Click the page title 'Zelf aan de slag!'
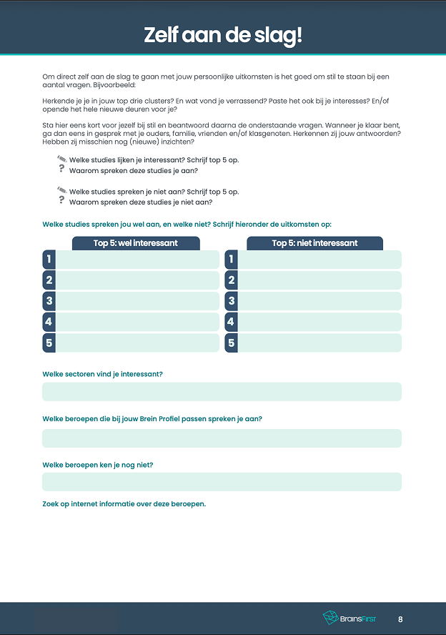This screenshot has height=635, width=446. pyautogui.click(x=223, y=34)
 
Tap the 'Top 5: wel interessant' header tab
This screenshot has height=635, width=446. pyautogui.click(x=135, y=243)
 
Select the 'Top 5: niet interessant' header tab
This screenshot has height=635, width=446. pyautogui.click(x=314, y=243)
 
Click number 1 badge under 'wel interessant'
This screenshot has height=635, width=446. pyautogui.click(x=49, y=260)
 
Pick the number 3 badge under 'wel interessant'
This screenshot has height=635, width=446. pyautogui.click(x=49, y=301)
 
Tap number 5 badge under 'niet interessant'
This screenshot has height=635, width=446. pyautogui.click(x=231, y=343)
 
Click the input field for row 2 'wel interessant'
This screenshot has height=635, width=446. pyautogui.click(x=137, y=280)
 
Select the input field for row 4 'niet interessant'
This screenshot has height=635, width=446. pyautogui.click(x=319, y=323)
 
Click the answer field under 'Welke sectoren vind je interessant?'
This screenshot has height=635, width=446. pyautogui.click(x=222, y=392)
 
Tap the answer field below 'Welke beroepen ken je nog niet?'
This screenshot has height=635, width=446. pyautogui.click(x=222, y=482)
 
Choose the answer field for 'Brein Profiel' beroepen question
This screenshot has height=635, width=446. pyautogui.click(x=222, y=438)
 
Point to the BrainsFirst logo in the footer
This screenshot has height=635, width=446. pyautogui.click(x=350, y=619)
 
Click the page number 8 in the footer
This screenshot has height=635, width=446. pyautogui.click(x=400, y=619)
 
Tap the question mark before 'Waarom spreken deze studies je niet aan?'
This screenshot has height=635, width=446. pyautogui.click(x=61, y=201)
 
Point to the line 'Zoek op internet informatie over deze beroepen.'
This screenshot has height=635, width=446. pyautogui.click(x=124, y=504)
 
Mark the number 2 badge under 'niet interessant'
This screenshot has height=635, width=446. pyautogui.click(x=231, y=280)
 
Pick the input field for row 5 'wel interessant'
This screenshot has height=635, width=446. pyautogui.click(x=137, y=343)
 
